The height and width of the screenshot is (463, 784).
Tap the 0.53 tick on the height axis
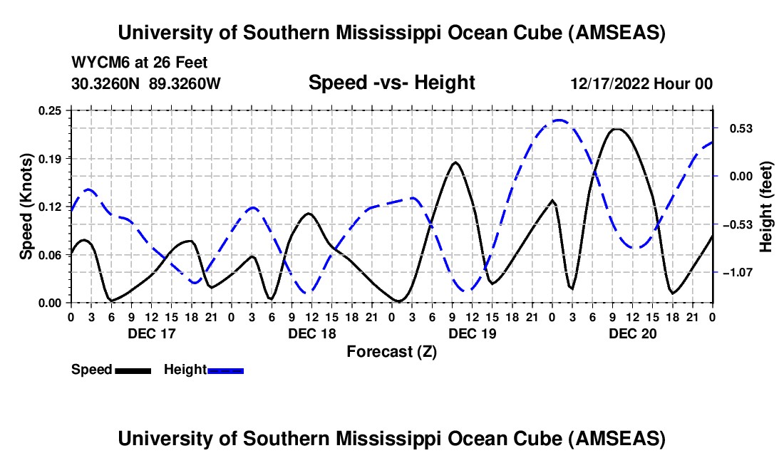pos(738,129)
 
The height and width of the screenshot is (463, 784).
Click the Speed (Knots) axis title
pos(26,206)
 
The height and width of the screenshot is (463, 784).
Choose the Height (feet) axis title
pos(766,207)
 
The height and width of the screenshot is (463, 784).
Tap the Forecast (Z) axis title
pos(391,351)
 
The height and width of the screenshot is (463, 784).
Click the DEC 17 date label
pos(151,333)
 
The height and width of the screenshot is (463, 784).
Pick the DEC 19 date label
pos(473,333)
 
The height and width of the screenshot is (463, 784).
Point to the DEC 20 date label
pos(633,333)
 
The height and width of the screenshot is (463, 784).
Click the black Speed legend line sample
pos(133,370)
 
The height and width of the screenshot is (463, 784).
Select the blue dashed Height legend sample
pos(225,370)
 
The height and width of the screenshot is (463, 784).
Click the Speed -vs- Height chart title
pos(391,83)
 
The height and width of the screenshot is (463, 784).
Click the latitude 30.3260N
pos(106,83)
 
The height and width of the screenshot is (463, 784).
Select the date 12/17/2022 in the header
pos(609,84)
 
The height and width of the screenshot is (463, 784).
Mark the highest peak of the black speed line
pos(617,129)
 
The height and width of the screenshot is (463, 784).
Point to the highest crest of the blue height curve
pos(559,120)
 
